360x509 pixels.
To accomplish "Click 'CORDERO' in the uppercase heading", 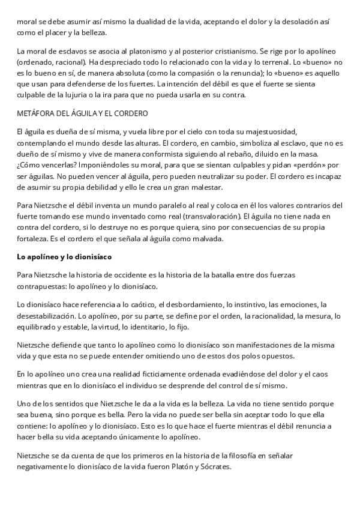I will (130, 113).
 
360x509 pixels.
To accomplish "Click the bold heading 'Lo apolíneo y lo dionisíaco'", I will (63, 256).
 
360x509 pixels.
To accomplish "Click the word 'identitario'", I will (164, 326).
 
